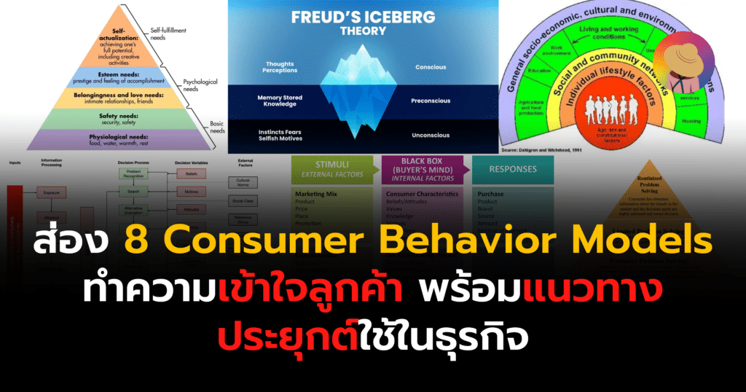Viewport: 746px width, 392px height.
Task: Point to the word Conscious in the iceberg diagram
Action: pos(433,67)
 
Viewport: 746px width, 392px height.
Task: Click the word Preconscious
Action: pos(436,101)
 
